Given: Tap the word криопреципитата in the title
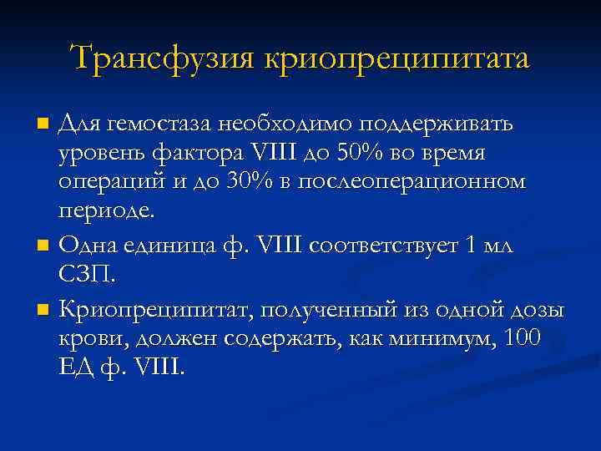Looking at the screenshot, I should pos(396,60).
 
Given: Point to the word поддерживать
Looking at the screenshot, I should pos(441,124).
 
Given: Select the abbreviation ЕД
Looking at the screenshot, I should pos(73,367).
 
